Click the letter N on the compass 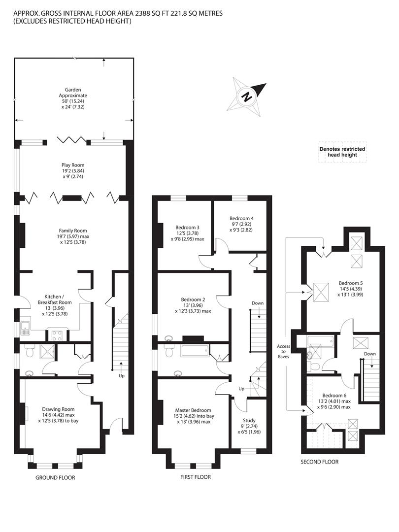[247, 97]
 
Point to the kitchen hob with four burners [57, 335]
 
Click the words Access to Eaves [284, 352]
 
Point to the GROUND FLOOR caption [55, 478]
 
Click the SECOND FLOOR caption [320, 462]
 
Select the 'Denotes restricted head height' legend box [342, 152]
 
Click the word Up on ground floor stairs [122, 376]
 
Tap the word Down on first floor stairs [258, 303]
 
